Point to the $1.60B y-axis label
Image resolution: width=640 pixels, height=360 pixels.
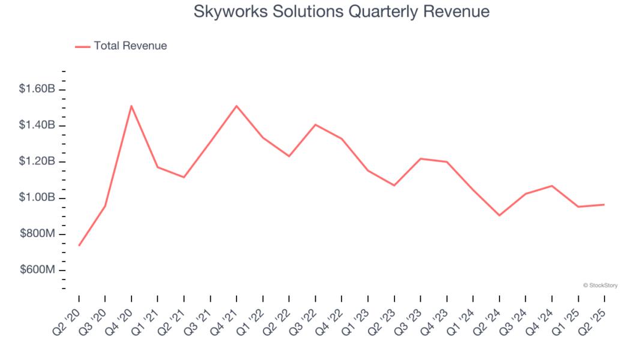point(37,89)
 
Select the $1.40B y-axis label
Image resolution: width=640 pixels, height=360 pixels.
point(37,125)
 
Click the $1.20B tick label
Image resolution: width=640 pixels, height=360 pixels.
point(37,161)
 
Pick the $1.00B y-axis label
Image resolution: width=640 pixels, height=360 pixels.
point(37,197)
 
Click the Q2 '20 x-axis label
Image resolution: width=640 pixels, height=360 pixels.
point(69,316)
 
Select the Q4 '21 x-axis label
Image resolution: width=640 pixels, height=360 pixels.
point(227,316)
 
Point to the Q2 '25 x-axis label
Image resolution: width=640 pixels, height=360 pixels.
point(594,316)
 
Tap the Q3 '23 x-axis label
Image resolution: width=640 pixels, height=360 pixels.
point(411,316)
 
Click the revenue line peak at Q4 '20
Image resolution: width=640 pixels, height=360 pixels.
point(131,106)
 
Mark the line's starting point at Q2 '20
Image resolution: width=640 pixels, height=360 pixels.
point(79,245)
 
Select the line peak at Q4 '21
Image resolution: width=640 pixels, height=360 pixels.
point(237,106)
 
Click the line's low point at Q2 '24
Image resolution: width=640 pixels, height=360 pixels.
point(500,215)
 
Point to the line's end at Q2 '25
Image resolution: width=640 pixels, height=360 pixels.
point(604,205)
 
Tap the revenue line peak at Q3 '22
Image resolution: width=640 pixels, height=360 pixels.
point(315,125)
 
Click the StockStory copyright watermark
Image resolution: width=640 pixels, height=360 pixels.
point(600,286)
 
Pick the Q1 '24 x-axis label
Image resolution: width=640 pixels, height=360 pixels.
point(463,316)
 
